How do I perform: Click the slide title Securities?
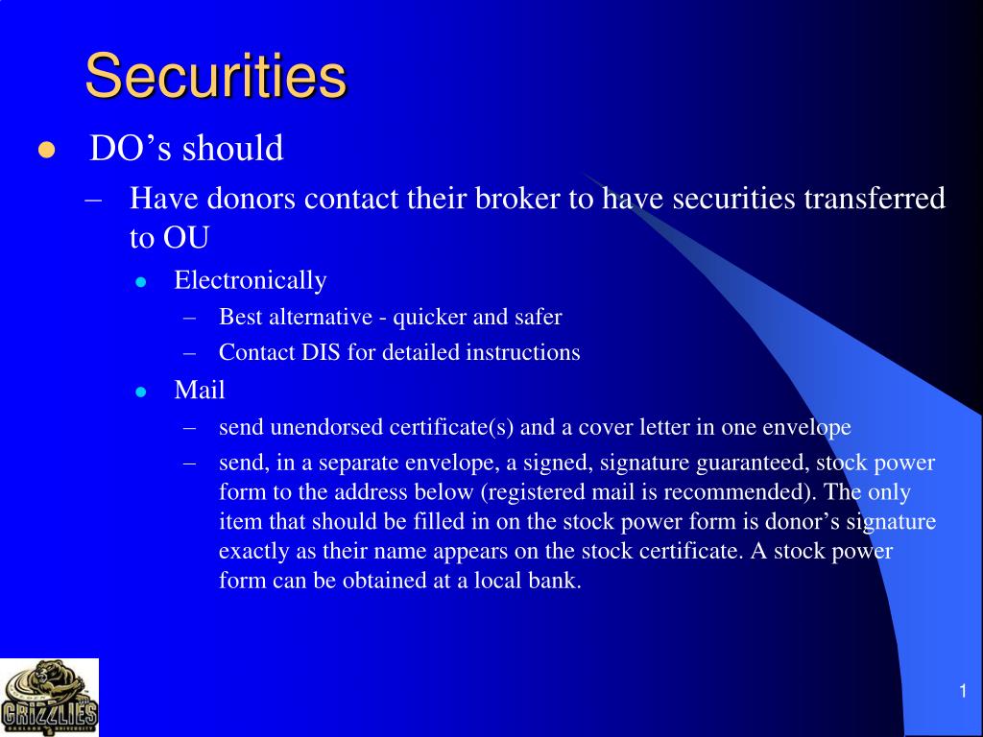click(215, 77)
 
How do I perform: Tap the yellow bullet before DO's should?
click(45, 151)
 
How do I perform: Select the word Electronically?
click(251, 280)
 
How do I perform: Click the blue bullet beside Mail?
click(140, 392)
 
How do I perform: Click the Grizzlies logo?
click(49, 698)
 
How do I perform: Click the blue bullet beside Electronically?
click(140, 282)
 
